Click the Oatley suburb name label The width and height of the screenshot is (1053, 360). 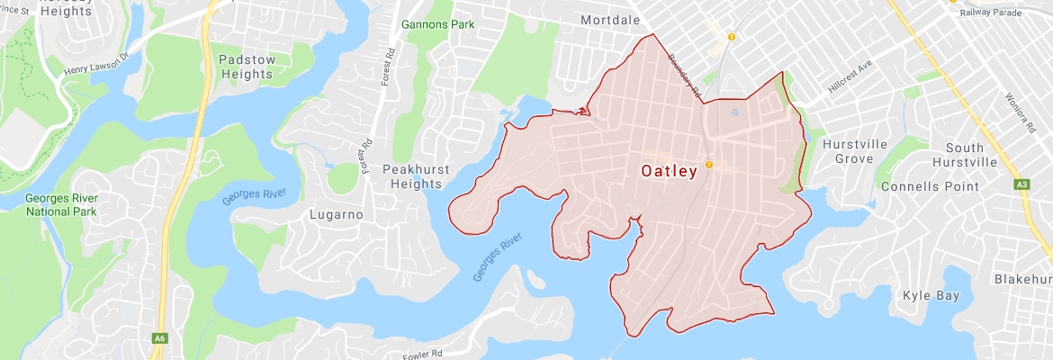coord(668,171)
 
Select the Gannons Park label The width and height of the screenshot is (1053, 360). coord(437,24)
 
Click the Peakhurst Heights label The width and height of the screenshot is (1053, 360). coord(412,175)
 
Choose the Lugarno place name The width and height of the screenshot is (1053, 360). coord(335,215)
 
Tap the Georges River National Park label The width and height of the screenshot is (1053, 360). coord(61,204)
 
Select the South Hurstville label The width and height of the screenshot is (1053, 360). coord(970,154)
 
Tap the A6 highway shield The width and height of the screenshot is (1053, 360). coord(159,337)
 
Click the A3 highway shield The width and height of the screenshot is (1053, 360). coord(1021,184)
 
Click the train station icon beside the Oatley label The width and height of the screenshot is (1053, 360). coord(709,164)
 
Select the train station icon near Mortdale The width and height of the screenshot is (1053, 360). coord(732,37)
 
